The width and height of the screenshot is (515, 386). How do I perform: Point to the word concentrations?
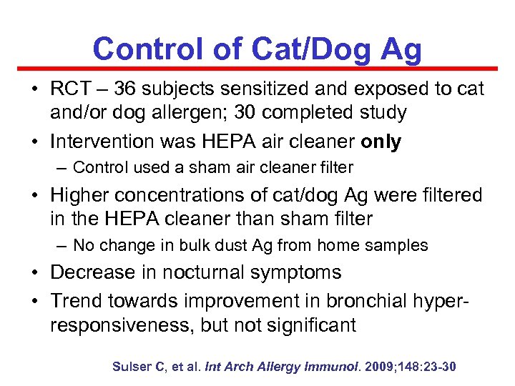(180, 194)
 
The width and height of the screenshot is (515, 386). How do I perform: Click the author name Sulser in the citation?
(132, 367)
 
